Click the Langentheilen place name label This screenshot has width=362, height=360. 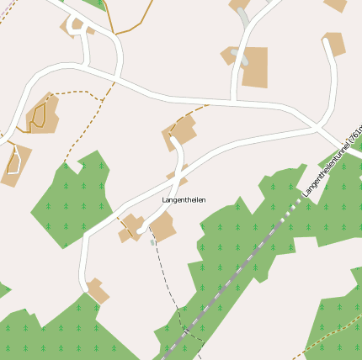(184, 199)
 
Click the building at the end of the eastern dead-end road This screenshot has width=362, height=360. (334, 43)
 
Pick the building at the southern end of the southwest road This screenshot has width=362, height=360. (98, 290)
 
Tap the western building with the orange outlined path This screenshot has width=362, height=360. (42, 115)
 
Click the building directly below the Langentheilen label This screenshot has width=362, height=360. (162, 225)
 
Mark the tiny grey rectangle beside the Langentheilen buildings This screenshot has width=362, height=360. (152, 242)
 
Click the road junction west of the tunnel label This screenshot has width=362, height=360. (318, 127)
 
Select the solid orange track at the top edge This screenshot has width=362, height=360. (135, 25)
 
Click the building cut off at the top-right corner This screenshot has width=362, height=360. (337, 4)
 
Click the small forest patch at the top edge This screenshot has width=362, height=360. (98, 3)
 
